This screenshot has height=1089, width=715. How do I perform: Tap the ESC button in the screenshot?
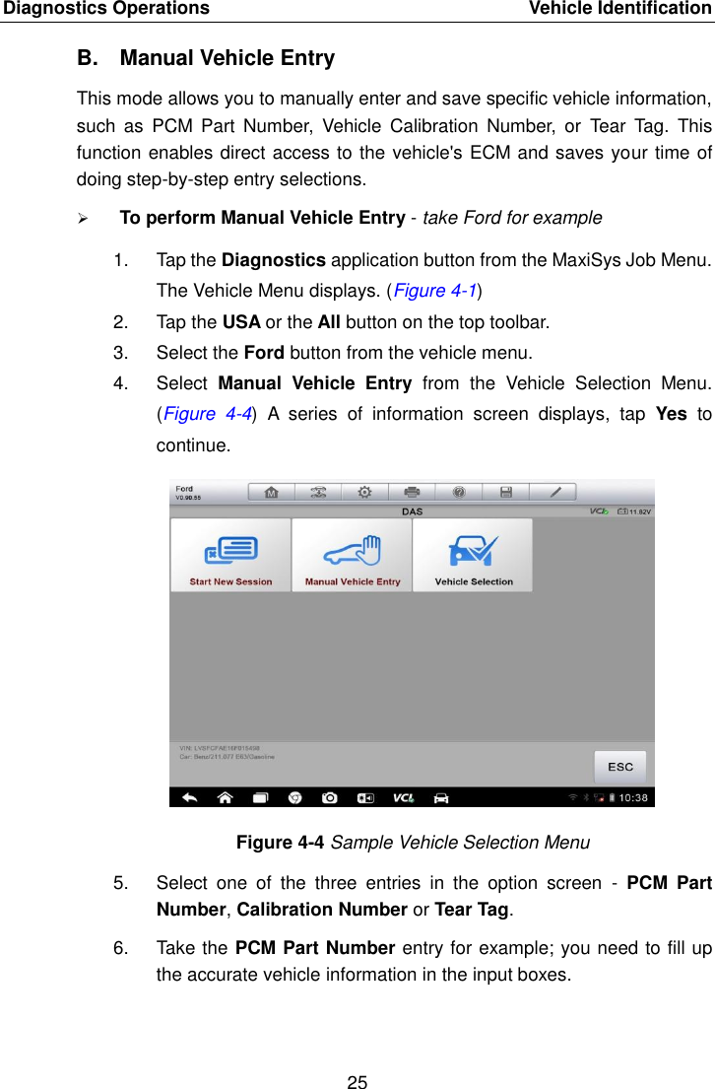(619, 767)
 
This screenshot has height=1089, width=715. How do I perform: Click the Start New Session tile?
(230, 555)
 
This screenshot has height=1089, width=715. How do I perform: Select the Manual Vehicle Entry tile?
(352, 555)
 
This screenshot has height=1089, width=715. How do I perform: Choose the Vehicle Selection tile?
(473, 555)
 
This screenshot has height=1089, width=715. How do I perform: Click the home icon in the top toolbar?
(270, 492)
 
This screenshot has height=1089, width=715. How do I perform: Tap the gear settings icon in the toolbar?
(364, 492)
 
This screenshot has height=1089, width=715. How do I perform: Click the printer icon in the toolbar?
(412, 492)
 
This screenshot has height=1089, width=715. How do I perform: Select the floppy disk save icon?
(506, 492)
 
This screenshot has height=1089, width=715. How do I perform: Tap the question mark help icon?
(459, 492)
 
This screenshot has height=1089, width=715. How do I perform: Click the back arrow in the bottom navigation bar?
(190, 797)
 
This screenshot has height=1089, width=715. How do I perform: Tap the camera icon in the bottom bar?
(329, 797)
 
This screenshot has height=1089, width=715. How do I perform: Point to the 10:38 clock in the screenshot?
(633, 797)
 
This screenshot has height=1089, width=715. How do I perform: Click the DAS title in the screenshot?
(412, 510)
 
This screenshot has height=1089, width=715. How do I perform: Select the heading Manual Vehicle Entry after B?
(227, 58)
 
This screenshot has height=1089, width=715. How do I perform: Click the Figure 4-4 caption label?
(281, 843)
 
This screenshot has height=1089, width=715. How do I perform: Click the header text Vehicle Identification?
(619, 9)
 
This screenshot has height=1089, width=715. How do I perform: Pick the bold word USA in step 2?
(241, 322)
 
